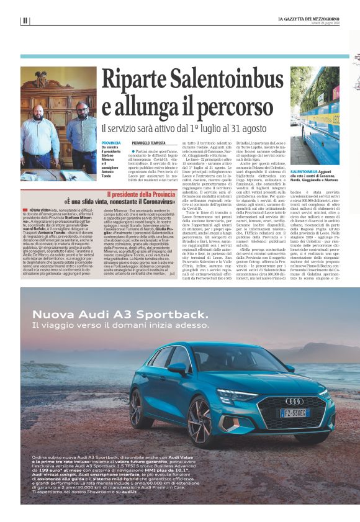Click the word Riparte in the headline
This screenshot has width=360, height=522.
(x=135, y=82)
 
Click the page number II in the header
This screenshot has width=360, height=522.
(x=25, y=20)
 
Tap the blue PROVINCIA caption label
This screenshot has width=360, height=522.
(x=112, y=143)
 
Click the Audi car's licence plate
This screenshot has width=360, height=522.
(x=294, y=412)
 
